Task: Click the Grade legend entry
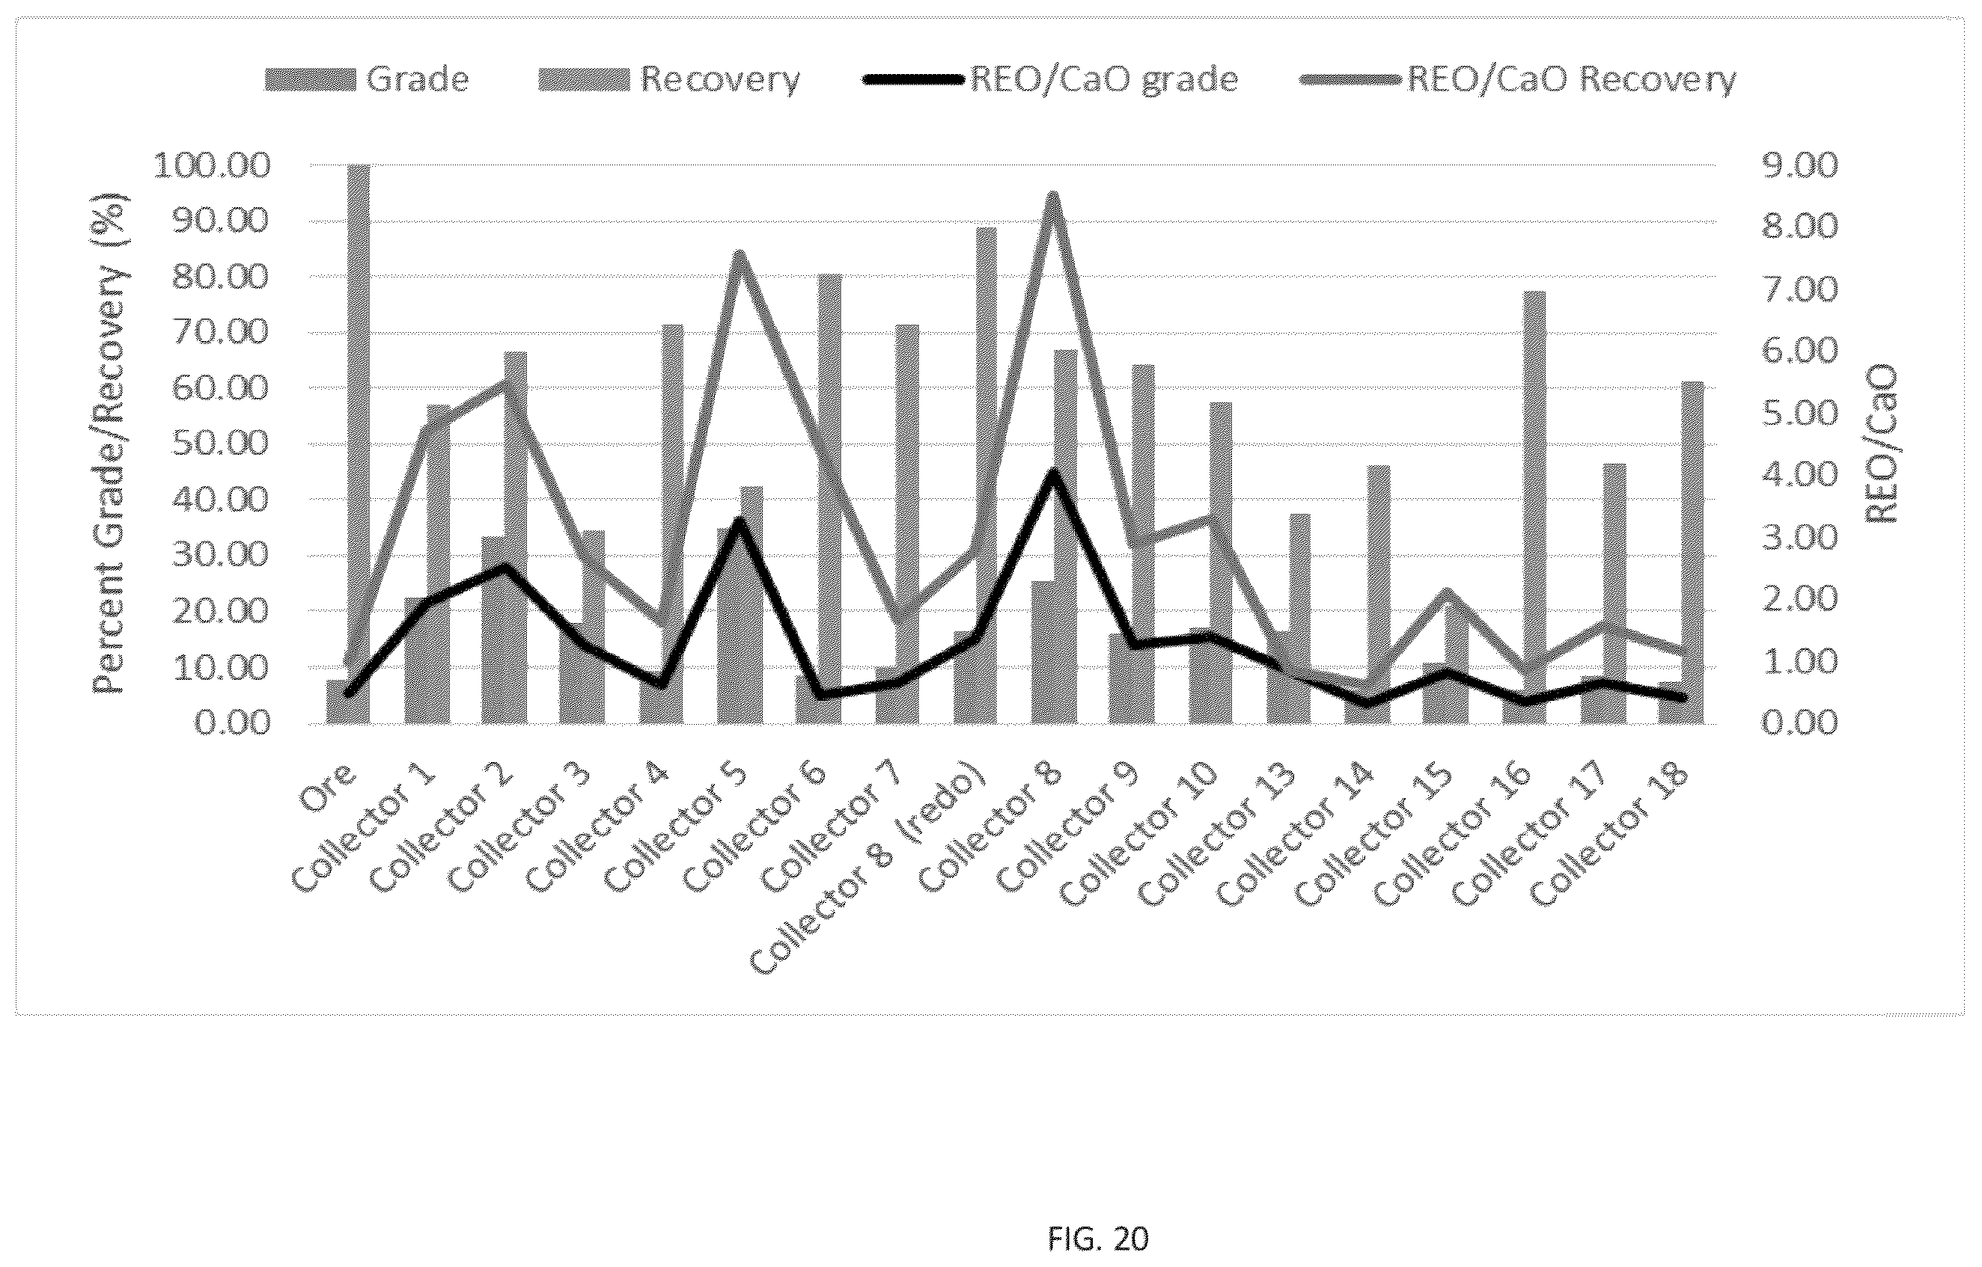(x=367, y=80)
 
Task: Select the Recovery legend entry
(x=669, y=80)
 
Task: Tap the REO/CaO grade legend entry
(x=1050, y=80)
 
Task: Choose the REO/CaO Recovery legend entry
(x=1519, y=80)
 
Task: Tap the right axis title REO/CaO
(x=1880, y=444)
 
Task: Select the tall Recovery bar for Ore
(x=359, y=444)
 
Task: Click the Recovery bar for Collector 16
(x=1534, y=508)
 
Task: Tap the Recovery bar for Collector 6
(x=829, y=499)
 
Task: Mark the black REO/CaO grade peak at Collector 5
(x=740, y=521)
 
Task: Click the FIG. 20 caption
(x=1098, y=1239)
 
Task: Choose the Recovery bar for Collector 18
(x=1692, y=553)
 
